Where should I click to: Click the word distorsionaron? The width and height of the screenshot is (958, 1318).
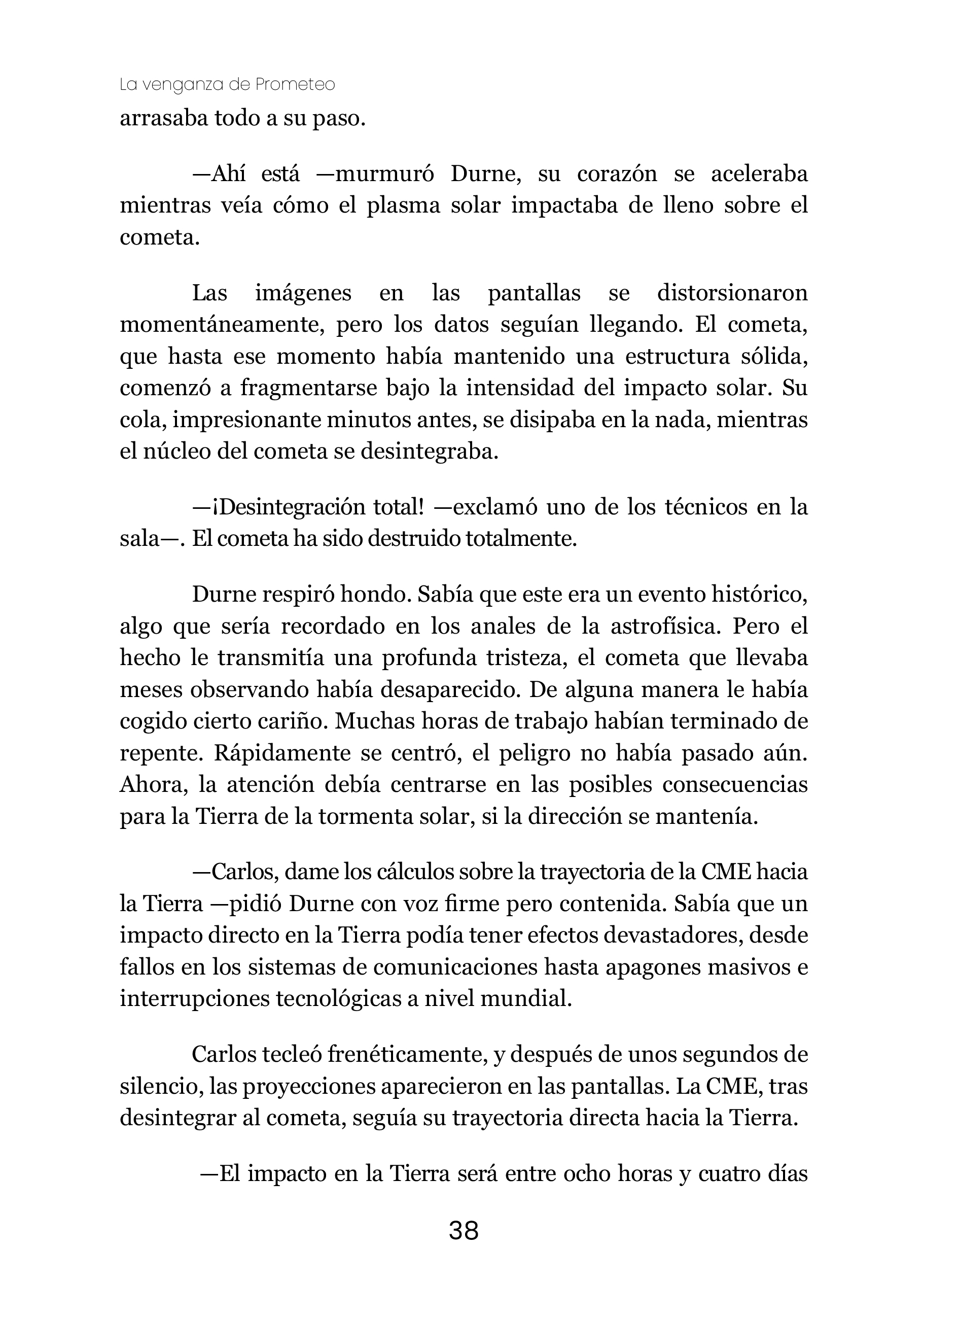(x=732, y=293)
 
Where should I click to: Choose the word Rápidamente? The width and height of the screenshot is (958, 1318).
(x=282, y=753)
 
